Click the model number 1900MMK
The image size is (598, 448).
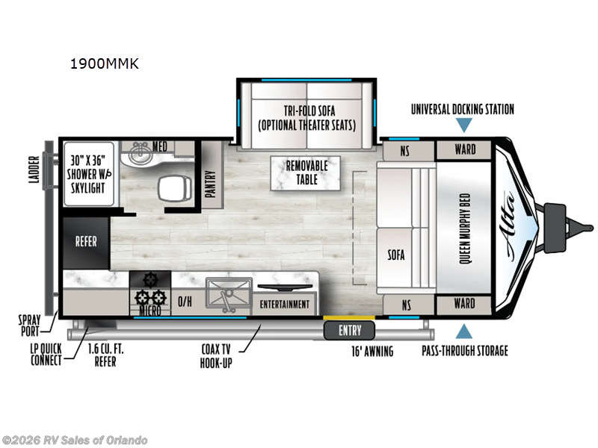tap(105, 63)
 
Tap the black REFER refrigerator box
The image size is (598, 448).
tap(86, 243)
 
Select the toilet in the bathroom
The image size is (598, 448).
tap(175, 188)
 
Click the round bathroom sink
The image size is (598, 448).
tap(139, 153)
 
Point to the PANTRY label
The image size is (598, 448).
tap(211, 184)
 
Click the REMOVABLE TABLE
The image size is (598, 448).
tap(306, 173)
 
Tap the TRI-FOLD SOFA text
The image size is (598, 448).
tap(309, 111)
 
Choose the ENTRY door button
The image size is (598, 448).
tap(349, 330)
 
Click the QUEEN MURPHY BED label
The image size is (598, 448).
tap(464, 228)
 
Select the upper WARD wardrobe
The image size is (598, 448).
tap(464, 149)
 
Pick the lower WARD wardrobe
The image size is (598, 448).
tap(464, 304)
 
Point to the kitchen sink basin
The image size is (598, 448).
tap(229, 293)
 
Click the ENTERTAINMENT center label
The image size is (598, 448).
tap(285, 305)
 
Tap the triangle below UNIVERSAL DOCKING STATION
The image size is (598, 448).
tap(464, 125)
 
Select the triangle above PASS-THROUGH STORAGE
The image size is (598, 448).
tap(464, 331)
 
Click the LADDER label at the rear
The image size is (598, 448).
tap(34, 169)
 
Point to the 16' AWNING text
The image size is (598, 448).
tap(372, 351)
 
